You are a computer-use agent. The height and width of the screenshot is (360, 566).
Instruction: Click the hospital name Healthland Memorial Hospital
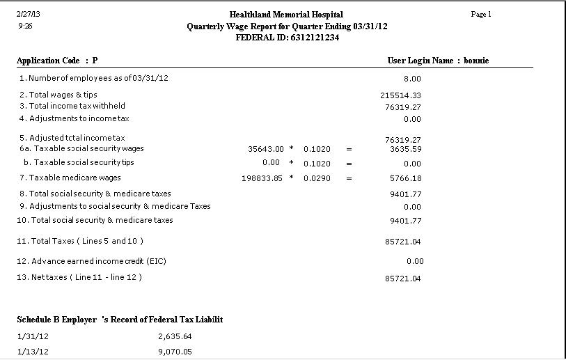285,15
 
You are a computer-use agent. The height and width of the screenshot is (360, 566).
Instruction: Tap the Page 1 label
481,14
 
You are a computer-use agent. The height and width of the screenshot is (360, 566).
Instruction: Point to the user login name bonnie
476,61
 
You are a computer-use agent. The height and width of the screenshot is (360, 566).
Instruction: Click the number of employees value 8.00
412,79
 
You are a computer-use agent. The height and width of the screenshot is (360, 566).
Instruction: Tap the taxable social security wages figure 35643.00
266,149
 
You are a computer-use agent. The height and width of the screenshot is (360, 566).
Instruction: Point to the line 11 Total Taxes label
81,241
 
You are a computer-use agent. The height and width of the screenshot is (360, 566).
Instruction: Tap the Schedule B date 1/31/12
33,336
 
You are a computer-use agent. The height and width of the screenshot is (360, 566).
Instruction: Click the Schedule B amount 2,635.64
175,336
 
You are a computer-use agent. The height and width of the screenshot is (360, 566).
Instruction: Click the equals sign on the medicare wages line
349,178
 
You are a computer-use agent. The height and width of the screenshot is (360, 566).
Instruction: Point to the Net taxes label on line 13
79,277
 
